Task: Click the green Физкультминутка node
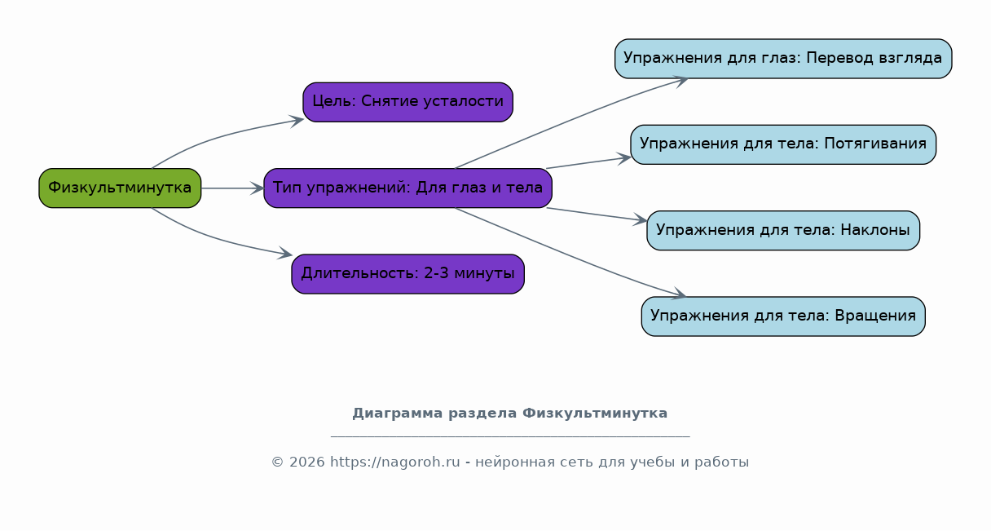pyautogui.click(x=120, y=188)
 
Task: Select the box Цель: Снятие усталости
pyautogui.click(x=408, y=102)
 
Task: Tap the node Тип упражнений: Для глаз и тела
pyautogui.click(x=408, y=188)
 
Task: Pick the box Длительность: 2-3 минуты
pyautogui.click(x=408, y=274)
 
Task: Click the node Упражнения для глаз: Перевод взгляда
pyautogui.click(x=783, y=59)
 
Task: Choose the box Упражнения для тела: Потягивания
pyautogui.click(x=783, y=144)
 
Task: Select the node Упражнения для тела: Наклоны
pyautogui.click(x=783, y=230)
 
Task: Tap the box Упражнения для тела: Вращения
pyautogui.click(x=783, y=316)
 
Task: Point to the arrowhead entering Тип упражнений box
pyautogui.click(x=258, y=188)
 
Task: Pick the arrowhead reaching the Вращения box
pyautogui.click(x=678, y=293)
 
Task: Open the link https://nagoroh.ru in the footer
pyautogui.click(x=395, y=462)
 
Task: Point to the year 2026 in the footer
pyautogui.click(x=307, y=462)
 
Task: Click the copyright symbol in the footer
pyautogui.click(x=277, y=462)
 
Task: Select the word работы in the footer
pyautogui.click(x=721, y=462)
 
